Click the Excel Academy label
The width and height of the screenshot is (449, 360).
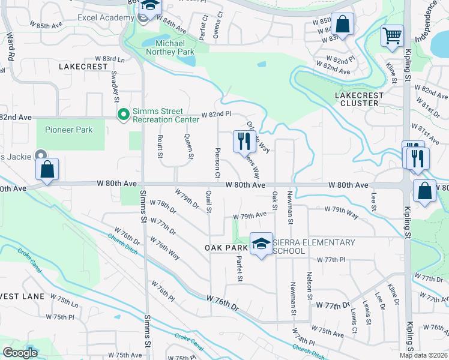pyautogui.click(x=105, y=17)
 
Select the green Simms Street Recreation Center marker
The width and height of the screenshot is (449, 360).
pyautogui.click(x=124, y=114)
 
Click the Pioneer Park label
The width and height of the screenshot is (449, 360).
pyautogui.click(x=68, y=130)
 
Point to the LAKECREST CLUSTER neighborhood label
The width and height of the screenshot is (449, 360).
pyautogui.click(x=357, y=99)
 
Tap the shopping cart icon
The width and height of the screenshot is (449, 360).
pyautogui.click(x=392, y=35)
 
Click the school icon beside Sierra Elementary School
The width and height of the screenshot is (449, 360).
pyautogui.click(x=261, y=244)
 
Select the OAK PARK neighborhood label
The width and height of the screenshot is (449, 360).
pyautogui.click(x=226, y=248)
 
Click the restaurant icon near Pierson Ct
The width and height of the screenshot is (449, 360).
pyautogui.click(x=243, y=142)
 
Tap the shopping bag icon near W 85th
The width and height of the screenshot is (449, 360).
pyautogui.click(x=342, y=25)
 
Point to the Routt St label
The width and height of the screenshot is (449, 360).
pyautogui.click(x=160, y=147)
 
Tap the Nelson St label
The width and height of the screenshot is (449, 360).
pyautogui.click(x=309, y=285)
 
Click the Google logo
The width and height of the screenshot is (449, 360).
pyautogui.click(x=20, y=352)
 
